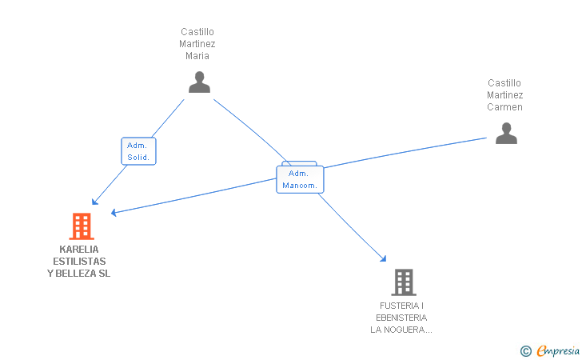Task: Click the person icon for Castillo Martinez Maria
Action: pyautogui.click(x=199, y=82)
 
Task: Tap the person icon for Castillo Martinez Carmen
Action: pyautogui.click(x=506, y=133)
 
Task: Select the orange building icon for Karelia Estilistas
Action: pyautogui.click(x=82, y=226)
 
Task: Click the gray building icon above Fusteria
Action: pyautogui.click(x=404, y=282)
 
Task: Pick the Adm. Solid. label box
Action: pyautogui.click(x=138, y=151)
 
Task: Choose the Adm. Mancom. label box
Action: pyautogui.click(x=300, y=179)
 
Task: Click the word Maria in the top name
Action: pyautogui.click(x=197, y=56)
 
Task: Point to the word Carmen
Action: pyautogui.click(x=504, y=107)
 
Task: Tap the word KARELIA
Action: pyautogui.click(x=79, y=250)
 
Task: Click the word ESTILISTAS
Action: pyautogui.click(x=79, y=261)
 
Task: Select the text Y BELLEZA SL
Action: pyautogui.click(x=78, y=274)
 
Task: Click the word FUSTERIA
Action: pyautogui.click(x=400, y=306)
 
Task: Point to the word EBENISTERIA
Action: pyautogui.click(x=401, y=318)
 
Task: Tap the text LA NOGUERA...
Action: pyautogui.click(x=397, y=330)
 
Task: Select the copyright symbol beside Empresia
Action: pyautogui.click(x=526, y=351)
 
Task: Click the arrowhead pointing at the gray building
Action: pyautogui.click(x=384, y=258)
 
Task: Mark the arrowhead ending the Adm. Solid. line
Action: pyautogui.click(x=94, y=202)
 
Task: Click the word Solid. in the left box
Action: pyautogui.click(x=138, y=157)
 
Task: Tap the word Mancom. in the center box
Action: pyautogui.click(x=300, y=186)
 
